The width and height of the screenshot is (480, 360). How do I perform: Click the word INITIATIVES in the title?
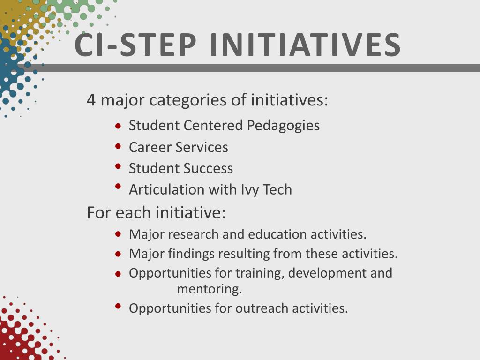(x=305, y=45)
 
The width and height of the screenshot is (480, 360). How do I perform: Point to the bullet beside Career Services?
(x=118, y=146)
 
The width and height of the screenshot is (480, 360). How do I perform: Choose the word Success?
(x=208, y=168)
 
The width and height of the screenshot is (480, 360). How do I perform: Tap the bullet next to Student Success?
(x=118, y=166)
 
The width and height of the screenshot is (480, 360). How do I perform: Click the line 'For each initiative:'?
(x=156, y=213)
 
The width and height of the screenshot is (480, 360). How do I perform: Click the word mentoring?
(x=209, y=289)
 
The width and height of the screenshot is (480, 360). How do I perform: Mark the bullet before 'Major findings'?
(x=118, y=254)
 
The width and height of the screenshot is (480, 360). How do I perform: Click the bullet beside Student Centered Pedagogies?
(x=118, y=126)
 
